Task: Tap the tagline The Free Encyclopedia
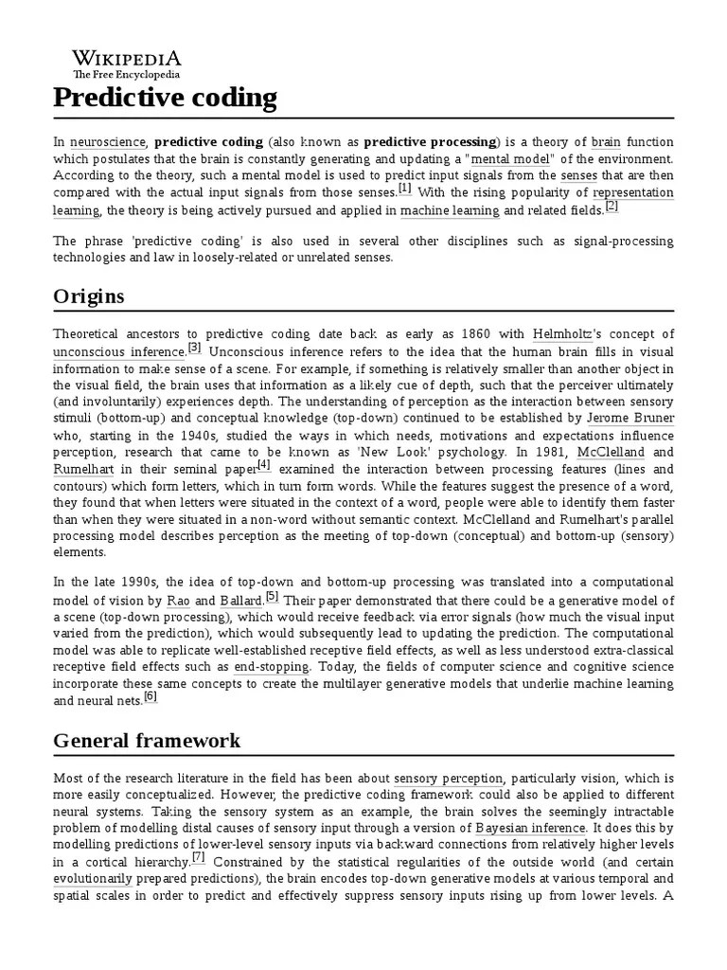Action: [x=127, y=75]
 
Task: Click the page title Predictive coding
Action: [x=165, y=99]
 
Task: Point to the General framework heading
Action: [x=147, y=740]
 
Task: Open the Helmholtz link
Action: [x=563, y=333]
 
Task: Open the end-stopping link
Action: [x=272, y=667]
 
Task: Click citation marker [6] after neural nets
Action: [x=150, y=697]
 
